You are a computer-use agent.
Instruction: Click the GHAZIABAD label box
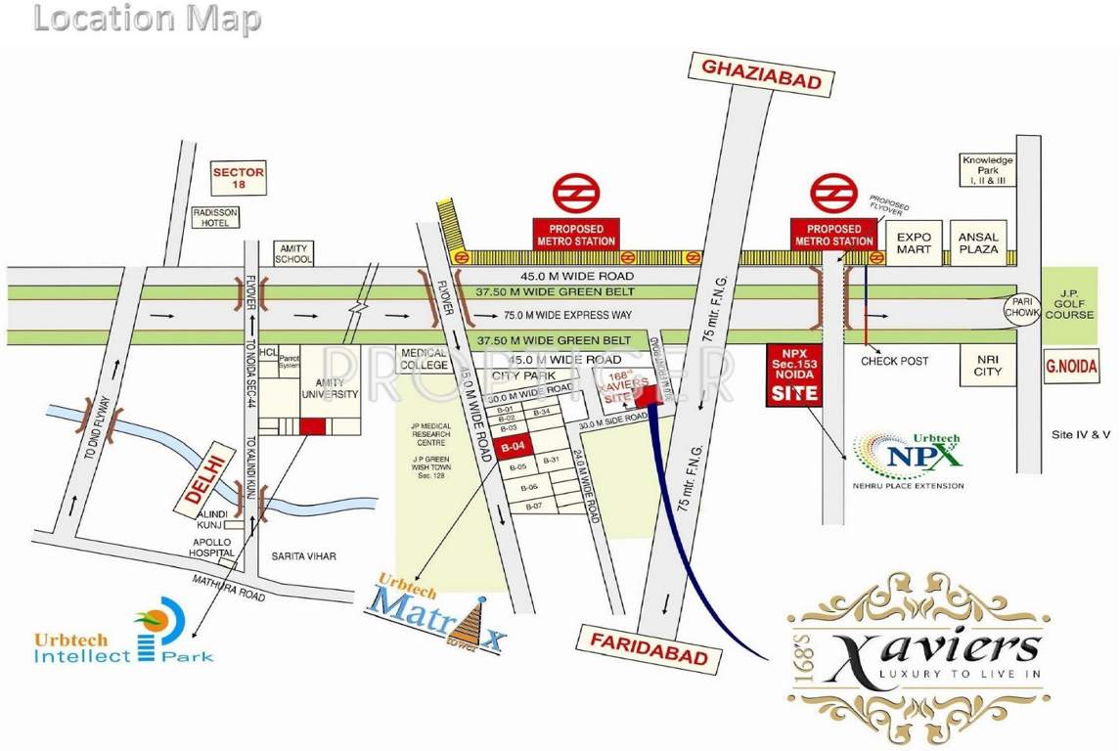pyautogui.click(x=763, y=76)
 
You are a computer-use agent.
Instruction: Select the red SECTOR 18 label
pyautogui.click(x=239, y=178)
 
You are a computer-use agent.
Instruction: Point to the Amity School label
pyautogui.click(x=293, y=253)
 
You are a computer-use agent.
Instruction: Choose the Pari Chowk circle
pyautogui.click(x=1021, y=312)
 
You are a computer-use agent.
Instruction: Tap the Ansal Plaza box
pyautogui.click(x=978, y=243)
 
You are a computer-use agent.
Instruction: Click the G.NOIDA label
pyautogui.click(x=1072, y=370)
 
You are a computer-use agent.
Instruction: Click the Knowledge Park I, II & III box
pyautogui.click(x=986, y=170)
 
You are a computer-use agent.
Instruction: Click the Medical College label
pyautogui.click(x=423, y=359)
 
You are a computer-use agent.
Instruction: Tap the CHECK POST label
pyautogui.click(x=894, y=361)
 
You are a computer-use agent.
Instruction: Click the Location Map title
pyautogui.click(x=148, y=19)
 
